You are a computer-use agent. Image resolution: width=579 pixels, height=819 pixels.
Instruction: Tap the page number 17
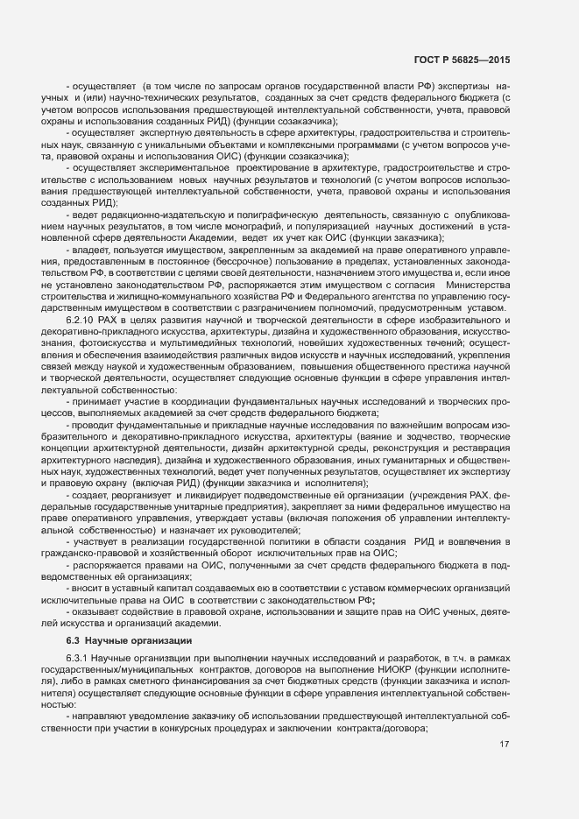point(504,745)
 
